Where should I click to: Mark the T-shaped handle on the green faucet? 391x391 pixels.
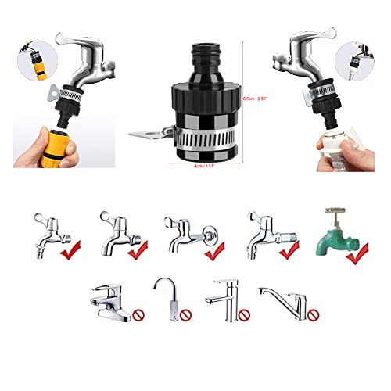(335, 212)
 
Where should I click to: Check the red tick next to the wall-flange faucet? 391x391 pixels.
(213, 252)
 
